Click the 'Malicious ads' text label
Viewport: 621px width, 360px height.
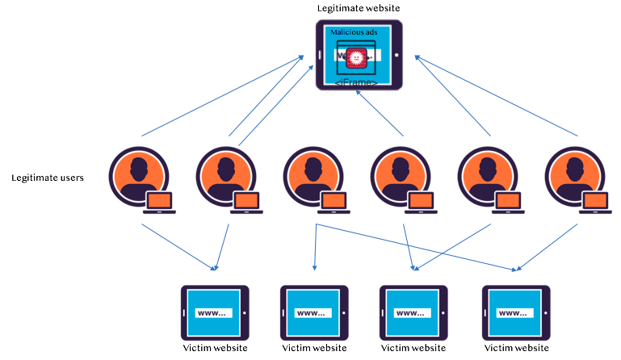point(354,32)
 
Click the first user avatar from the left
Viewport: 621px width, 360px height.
point(139,176)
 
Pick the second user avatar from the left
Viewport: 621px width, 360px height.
point(225,176)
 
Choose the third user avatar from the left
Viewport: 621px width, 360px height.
point(313,176)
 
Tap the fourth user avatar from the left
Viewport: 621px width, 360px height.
point(400,176)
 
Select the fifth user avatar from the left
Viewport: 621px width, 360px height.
point(488,176)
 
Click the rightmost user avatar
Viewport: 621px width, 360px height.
point(574,176)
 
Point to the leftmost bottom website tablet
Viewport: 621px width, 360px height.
point(214,312)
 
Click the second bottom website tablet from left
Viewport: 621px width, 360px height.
point(313,312)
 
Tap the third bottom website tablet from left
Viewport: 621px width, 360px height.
point(413,312)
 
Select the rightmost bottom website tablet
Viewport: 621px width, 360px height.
point(515,312)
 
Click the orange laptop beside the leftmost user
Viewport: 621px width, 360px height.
point(160,202)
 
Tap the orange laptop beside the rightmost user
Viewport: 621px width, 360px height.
point(595,202)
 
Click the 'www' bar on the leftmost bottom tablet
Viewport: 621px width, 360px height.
point(214,312)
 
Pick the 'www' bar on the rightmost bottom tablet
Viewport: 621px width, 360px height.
point(514,312)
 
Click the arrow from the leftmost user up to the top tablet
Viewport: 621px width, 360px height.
point(222,95)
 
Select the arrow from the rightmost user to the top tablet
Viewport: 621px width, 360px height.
point(497,95)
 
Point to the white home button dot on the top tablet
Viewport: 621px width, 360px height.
point(397,56)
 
